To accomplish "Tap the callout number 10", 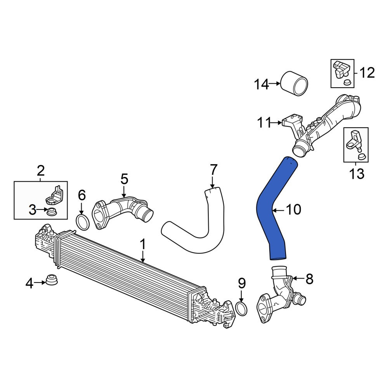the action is [x=293, y=210].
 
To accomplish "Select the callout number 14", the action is [x=262, y=84].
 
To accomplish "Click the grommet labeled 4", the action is [x=52, y=279].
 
